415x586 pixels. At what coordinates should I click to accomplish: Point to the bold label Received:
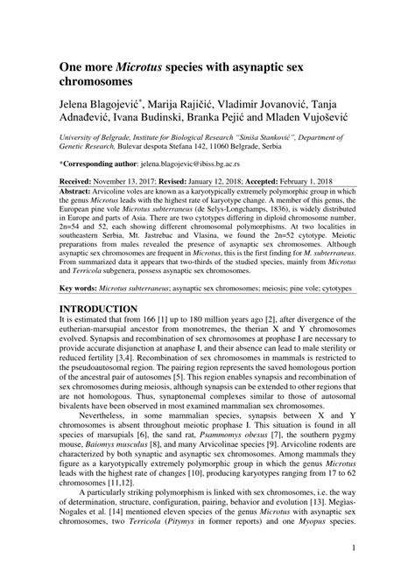coord(81,177)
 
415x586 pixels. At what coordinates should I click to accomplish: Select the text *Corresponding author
coord(99,164)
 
